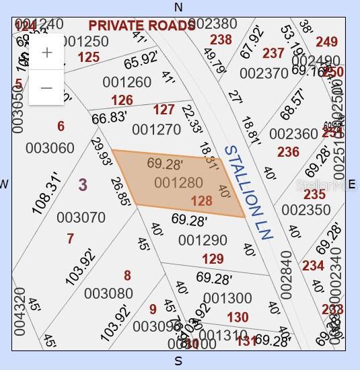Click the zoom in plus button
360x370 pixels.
tap(46, 52)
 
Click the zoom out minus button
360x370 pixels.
tap(46, 87)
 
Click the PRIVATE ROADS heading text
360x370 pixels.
tap(141, 25)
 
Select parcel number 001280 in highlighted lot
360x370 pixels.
tap(178, 182)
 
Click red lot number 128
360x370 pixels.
tap(202, 200)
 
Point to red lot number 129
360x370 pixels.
tap(213, 259)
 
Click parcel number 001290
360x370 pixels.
tap(203, 240)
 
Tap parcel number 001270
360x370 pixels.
tap(156, 129)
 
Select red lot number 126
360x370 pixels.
tap(122, 101)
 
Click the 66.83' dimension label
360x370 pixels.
tap(109, 118)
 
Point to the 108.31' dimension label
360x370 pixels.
tap(46, 194)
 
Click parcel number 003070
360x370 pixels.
tap(81, 217)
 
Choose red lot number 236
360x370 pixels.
tap(288, 152)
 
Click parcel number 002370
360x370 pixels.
tap(264, 73)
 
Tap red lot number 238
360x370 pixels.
tap(221, 40)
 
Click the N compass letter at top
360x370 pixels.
tap(178, 7)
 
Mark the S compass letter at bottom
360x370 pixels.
tap(178, 361)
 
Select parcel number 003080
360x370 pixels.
tap(108, 293)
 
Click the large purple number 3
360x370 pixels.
tap(82, 184)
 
